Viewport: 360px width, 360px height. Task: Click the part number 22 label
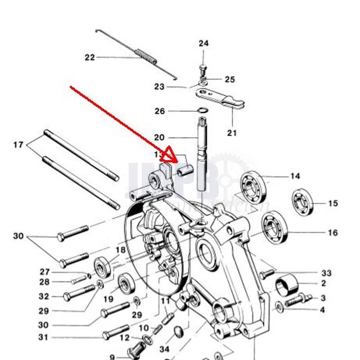pos(90,57)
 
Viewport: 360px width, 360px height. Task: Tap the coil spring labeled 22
pos(147,56)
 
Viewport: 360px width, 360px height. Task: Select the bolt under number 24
pos(202,70)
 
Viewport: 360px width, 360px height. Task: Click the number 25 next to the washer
pos(229,80)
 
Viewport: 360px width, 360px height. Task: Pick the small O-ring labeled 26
pos(202,111)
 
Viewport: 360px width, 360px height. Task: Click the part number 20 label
pos(159,137)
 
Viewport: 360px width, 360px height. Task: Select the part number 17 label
pos(18,145)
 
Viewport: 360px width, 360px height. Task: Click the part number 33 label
pos(326,273)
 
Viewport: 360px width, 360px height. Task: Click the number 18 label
pos(120,250)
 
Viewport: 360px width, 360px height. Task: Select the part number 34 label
pos(165,349)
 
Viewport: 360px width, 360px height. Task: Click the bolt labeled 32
pos(79,294)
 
